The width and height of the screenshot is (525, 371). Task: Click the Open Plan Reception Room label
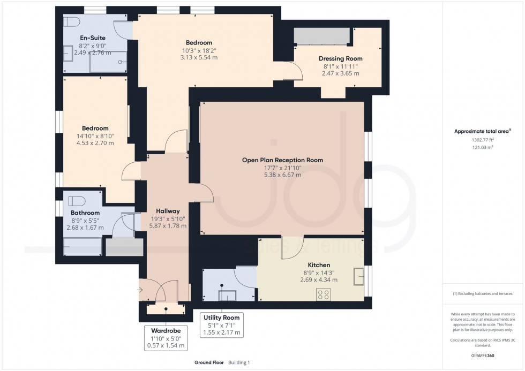(x=282, y=160)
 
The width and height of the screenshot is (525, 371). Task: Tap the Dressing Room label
(x=340, y=58)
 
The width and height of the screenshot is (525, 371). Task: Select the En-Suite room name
(x=93, y=37)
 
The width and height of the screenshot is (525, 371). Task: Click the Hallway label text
(x=168, y=211)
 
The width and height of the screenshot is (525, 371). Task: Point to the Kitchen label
(x=318, y=265)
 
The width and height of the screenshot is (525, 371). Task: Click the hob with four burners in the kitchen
(x=323, y=294)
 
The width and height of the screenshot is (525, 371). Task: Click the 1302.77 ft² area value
(x=483, y=139)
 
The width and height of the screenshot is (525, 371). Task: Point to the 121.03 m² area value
(x=483, y=146)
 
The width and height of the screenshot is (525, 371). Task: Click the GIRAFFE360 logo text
(x=483, y=354)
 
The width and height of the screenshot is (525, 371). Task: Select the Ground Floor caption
(x=209, y=362)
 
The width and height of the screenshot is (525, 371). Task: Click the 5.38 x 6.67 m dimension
(x=282, y=175)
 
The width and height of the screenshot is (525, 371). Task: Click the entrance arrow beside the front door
(x=140, y=290)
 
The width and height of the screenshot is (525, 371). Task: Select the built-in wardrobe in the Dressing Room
(x=321, y=36)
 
